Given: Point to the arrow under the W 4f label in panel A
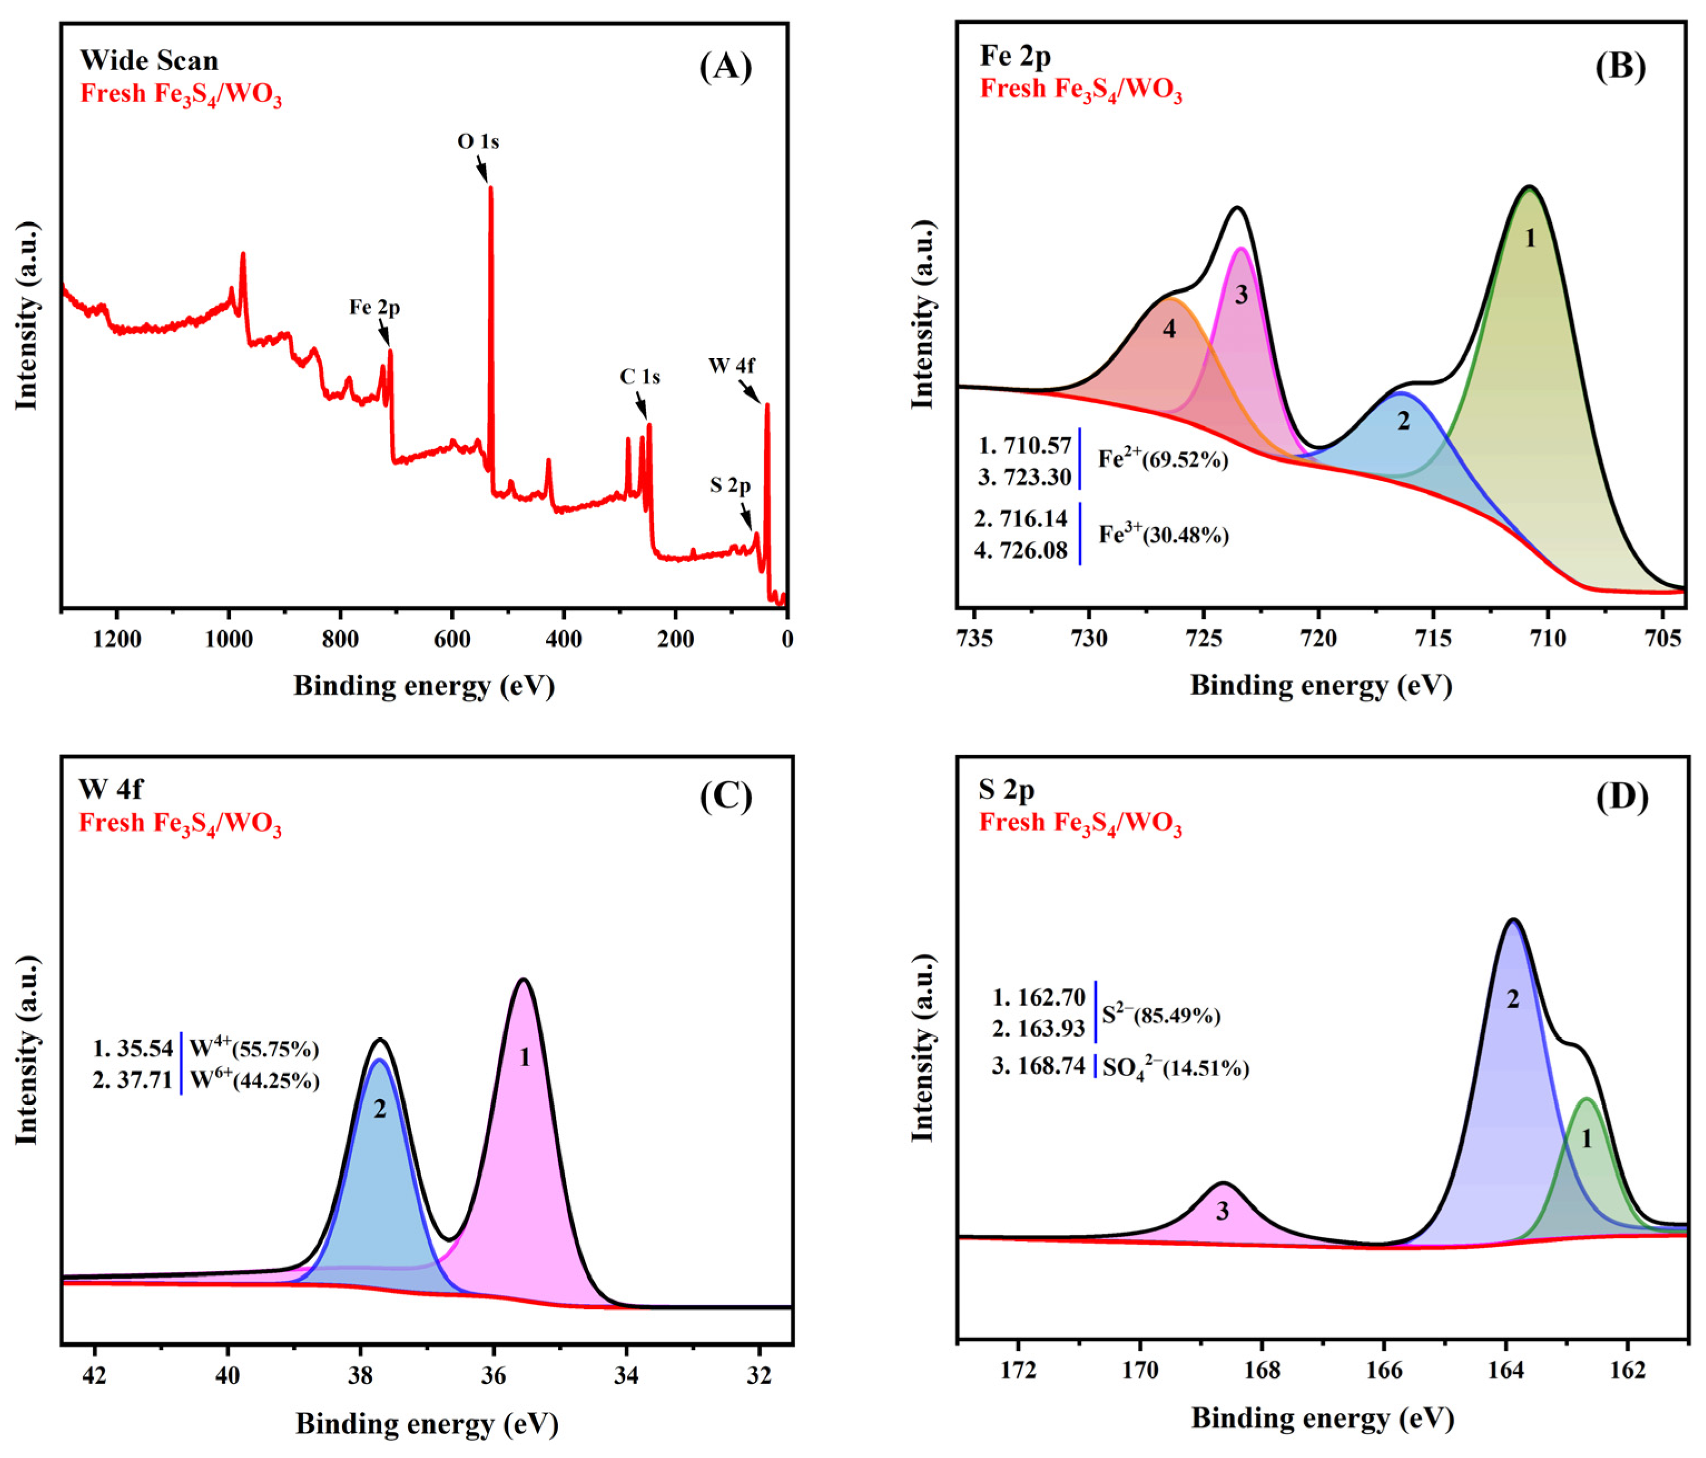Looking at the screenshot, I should point(748,390).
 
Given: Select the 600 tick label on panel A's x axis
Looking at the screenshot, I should point(451,639).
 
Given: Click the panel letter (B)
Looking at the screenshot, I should point(1620,66).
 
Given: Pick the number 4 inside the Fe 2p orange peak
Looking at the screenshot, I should point(1169,328).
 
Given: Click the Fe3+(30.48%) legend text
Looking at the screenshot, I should point(1163,534).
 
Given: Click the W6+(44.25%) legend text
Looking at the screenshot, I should point(254,1080).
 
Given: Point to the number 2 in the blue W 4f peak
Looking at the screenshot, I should point(379,1109).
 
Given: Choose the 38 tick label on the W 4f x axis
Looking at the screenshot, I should point(361,1377).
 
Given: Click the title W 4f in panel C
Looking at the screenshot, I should point(110,789).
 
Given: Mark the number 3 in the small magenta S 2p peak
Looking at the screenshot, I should point(1222,1211).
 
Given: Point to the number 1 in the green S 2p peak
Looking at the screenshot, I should point(1586,1139).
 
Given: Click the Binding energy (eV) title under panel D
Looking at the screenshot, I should point(1322,1417).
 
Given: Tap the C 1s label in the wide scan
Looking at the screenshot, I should point(640,376).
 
